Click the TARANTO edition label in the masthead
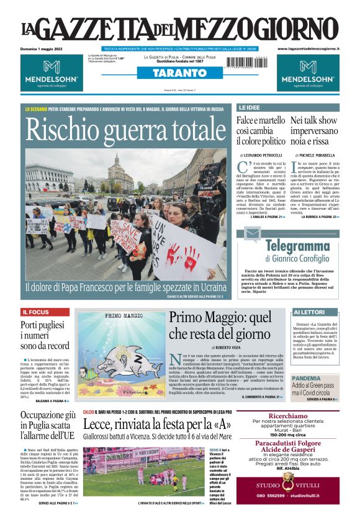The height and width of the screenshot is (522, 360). click(180, 73)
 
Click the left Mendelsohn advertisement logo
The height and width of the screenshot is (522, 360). click(51, 73)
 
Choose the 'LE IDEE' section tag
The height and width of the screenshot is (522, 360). click(250, 107)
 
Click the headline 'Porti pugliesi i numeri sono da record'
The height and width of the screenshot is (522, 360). click(43, 335)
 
